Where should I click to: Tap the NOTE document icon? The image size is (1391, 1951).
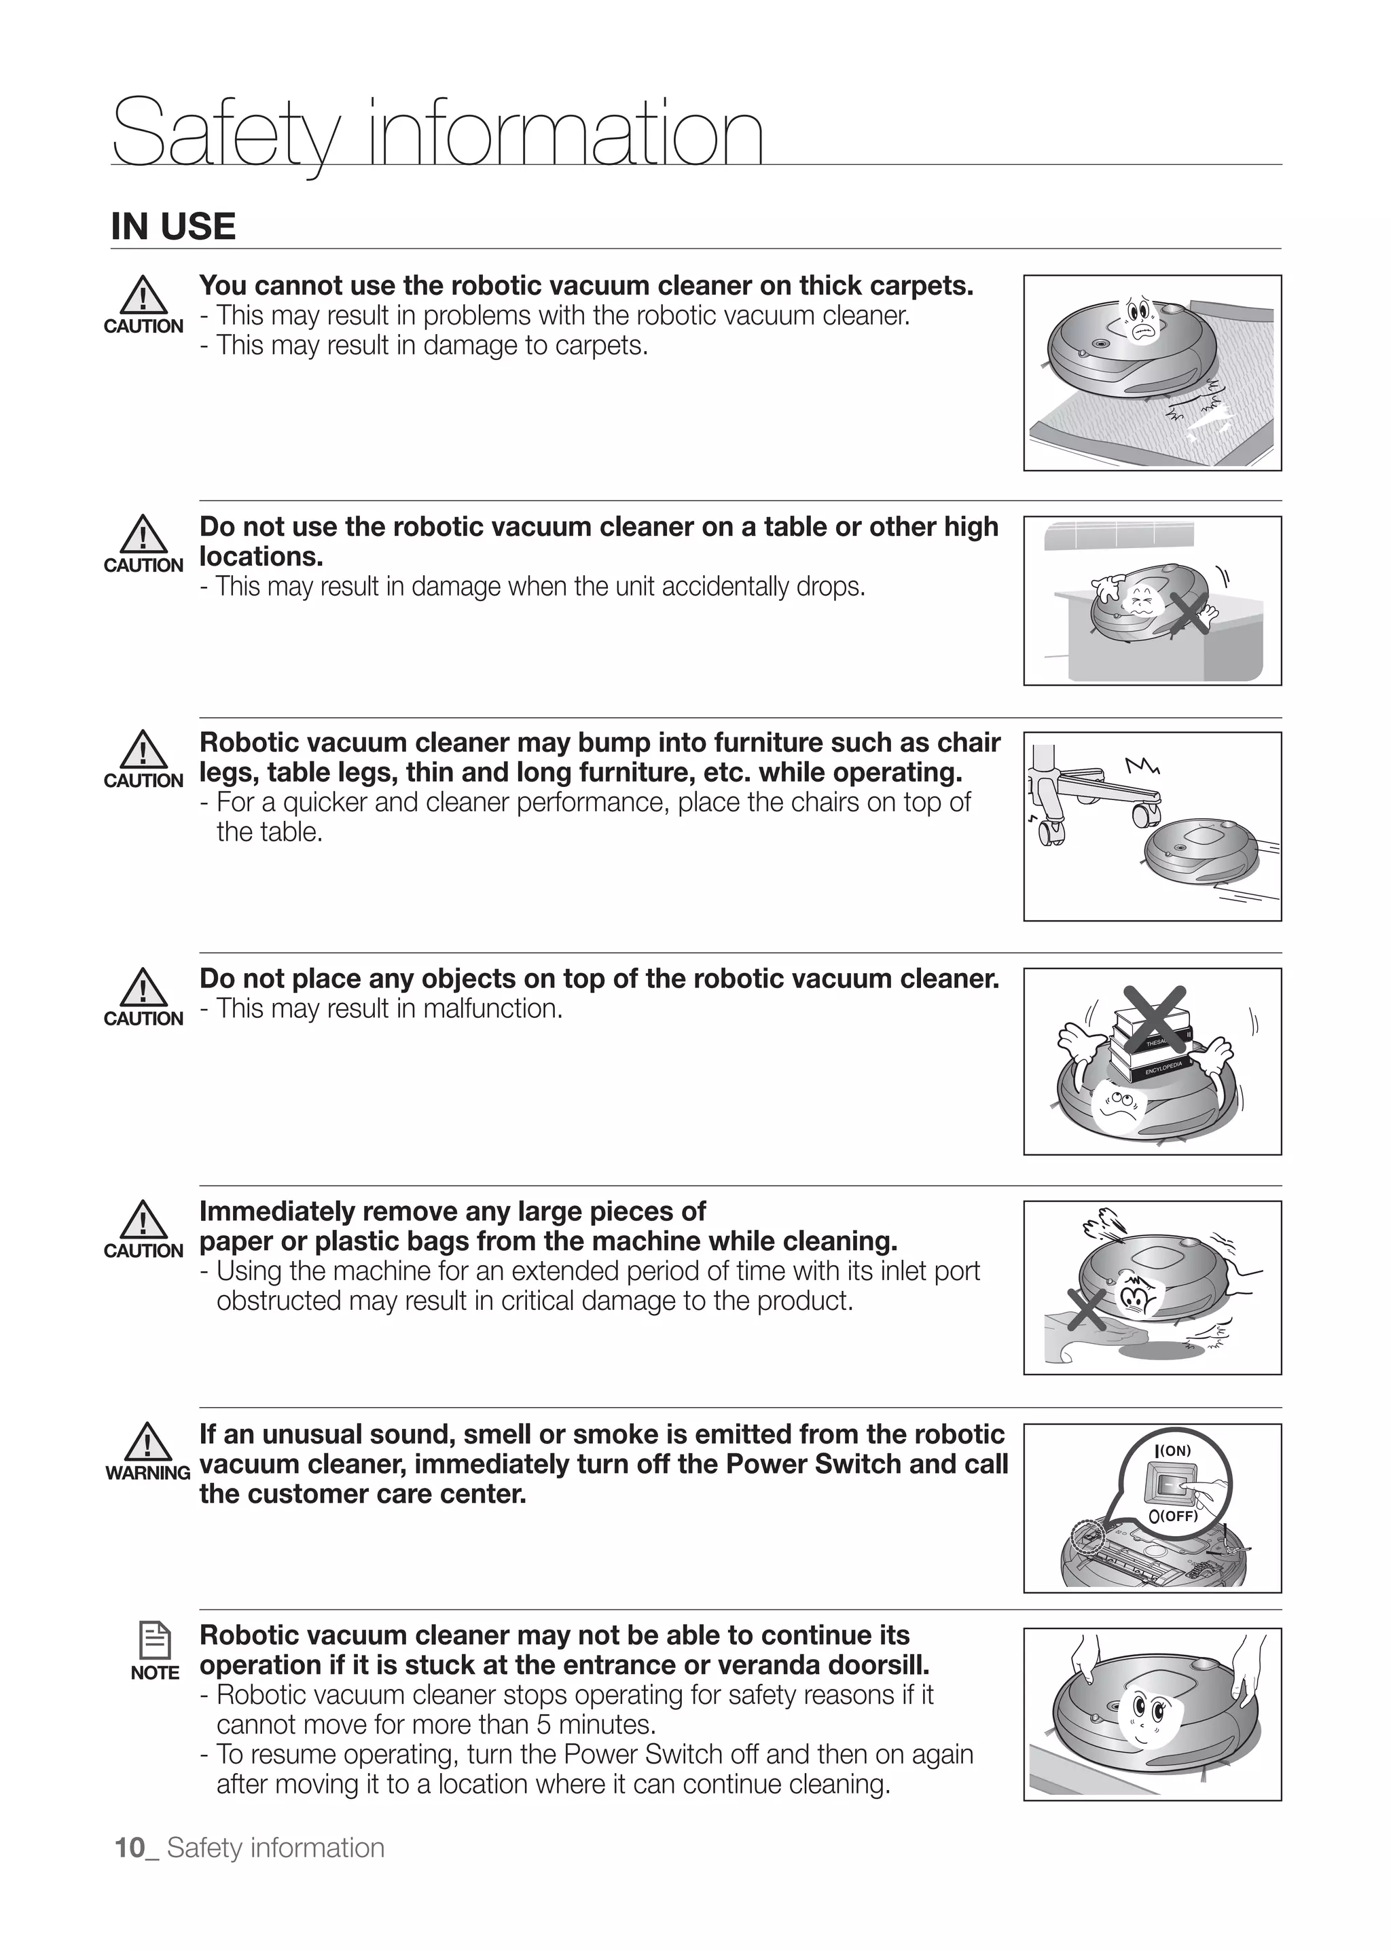155,1641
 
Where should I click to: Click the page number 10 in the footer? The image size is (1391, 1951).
130,1847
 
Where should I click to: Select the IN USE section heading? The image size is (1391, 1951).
173,227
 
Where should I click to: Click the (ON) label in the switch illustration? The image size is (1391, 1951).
1174,1451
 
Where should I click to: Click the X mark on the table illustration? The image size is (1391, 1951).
1190,614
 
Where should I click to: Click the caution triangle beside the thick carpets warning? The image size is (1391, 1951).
143,295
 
